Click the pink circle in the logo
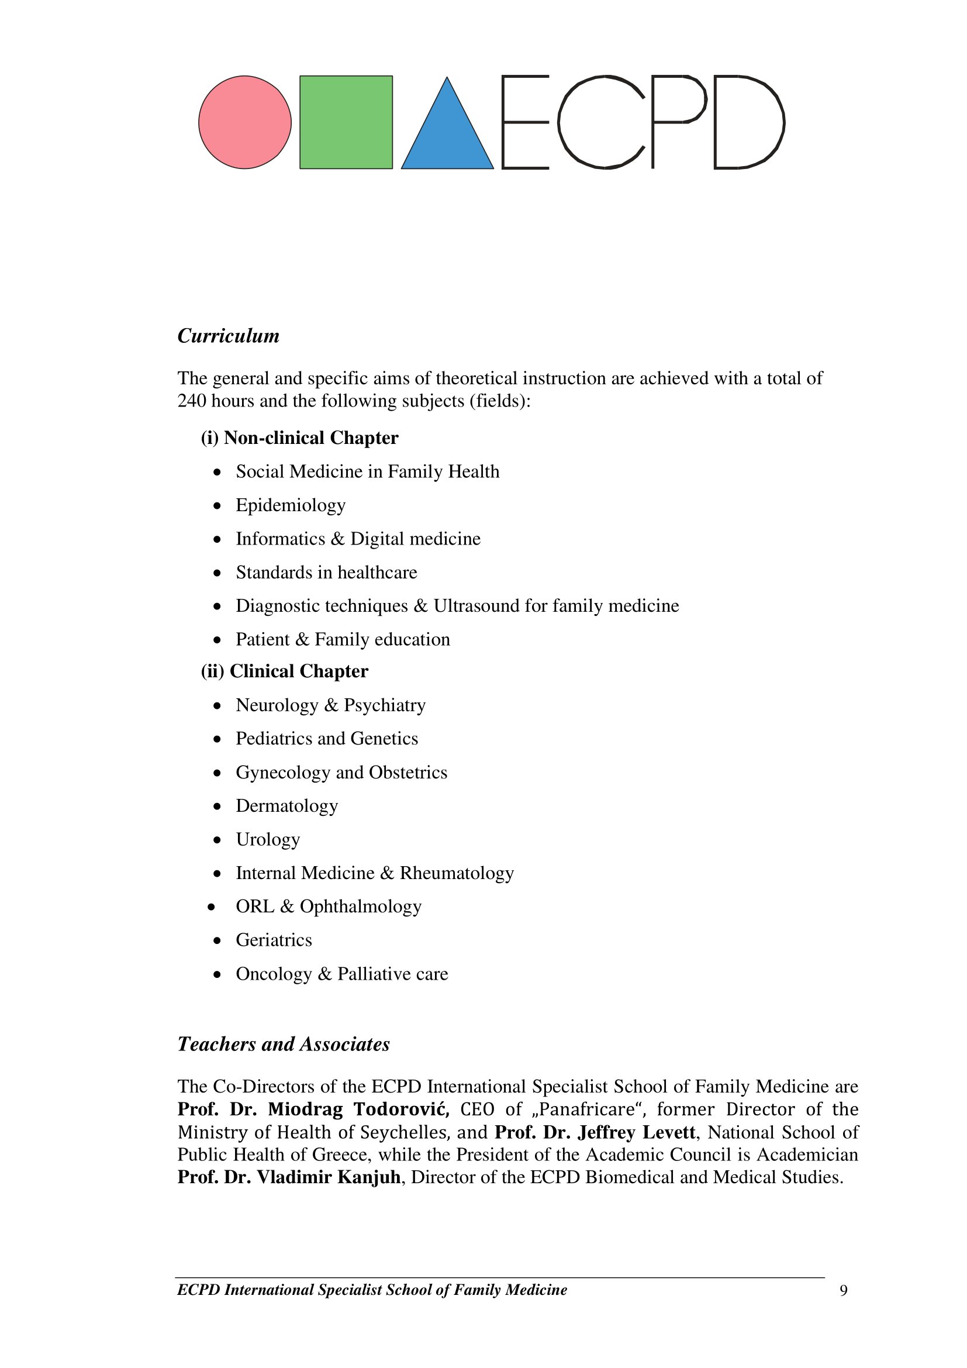[245, 122]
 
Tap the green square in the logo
[346, 122]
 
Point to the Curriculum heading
[229, 336]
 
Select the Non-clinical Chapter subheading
[299, 438]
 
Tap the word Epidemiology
[291, 505]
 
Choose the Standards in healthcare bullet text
[326, 573]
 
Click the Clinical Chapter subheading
[285, 671]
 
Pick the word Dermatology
[287, 806]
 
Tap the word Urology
[268, 839]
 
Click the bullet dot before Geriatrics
[217, 941]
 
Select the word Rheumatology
[457, 873]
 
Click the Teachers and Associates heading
[284, 1044]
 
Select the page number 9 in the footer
[843, 1291]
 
